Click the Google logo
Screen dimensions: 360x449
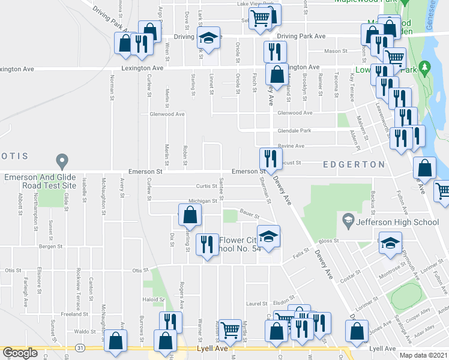click(20, 353)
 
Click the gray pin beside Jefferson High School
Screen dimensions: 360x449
click(347, 221)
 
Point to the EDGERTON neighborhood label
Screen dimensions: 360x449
click(354, 164)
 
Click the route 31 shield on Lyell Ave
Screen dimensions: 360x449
click(79, 348)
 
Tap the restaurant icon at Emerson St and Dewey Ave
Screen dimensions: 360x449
click(270, 158)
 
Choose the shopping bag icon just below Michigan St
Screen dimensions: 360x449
click(190, 215)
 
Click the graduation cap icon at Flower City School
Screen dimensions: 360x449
click(269, 236)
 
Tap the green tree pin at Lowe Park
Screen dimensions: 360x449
click(427, 69)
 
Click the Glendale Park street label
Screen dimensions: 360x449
click(294, 131)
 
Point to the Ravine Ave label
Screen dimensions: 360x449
click(291, 146)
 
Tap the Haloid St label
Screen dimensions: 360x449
click(152, 299)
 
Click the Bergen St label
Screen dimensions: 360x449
click(51, 247)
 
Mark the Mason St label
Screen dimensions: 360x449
click(332, 52)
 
